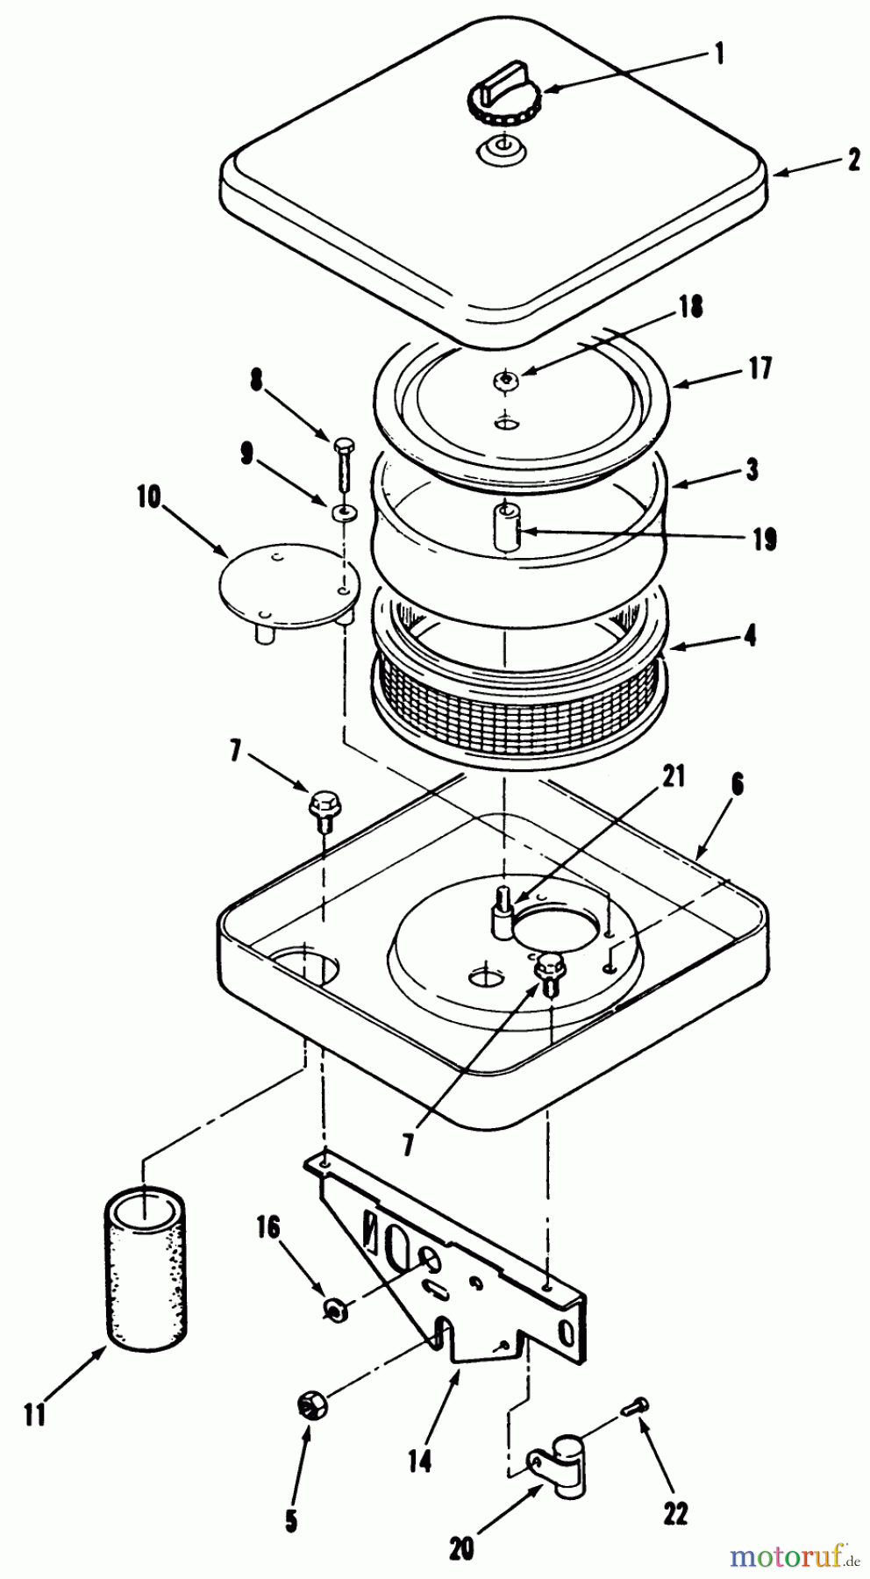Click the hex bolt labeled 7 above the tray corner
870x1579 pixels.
322,804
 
